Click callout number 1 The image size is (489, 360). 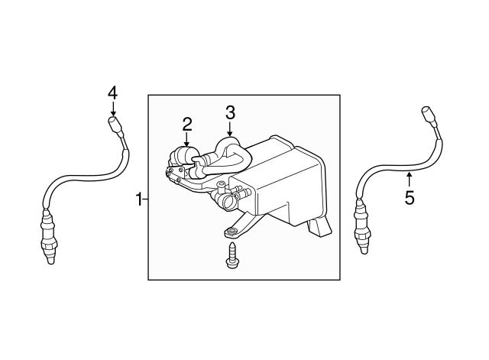pos(139,199)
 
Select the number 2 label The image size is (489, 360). pos(187,124)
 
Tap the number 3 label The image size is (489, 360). pos(230,112)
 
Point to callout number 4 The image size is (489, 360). pos(112,92)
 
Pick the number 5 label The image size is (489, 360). pos(410,199)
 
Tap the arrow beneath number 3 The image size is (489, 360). pos(230,128)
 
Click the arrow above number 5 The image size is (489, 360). pos(410,180)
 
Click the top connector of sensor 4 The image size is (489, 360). pos(115,123)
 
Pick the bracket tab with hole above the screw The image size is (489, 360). pos(230,232)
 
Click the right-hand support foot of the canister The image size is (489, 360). pos(319,227)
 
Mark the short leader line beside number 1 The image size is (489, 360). pos(145,199)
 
